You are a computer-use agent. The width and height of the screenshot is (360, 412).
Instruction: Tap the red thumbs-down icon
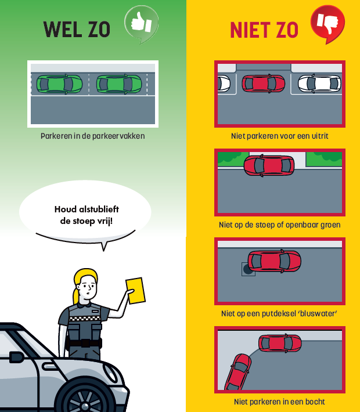coord(327,23)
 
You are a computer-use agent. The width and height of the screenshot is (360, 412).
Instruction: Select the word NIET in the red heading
coord(250,30)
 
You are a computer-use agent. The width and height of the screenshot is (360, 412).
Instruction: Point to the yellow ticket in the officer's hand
coord(136,291)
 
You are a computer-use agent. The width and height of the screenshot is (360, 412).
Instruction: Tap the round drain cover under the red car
coord(247,269)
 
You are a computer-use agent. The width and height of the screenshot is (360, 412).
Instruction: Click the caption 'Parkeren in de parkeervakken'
coord(92,136)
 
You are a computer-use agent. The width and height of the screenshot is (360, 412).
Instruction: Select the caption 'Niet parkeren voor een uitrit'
coord(279,136)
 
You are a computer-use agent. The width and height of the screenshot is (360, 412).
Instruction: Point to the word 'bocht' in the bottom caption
coord(315,402)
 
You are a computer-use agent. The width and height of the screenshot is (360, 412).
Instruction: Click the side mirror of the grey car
coord(16,357)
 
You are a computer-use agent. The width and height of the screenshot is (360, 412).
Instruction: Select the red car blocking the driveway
coord(263,84)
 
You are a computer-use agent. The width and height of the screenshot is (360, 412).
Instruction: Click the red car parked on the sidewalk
coord(269,165)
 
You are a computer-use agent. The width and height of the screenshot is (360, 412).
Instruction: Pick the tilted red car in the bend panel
coord(237,372)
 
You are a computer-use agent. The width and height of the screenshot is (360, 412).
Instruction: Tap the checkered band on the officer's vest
coord(85,319)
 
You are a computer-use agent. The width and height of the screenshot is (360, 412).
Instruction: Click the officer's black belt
coord(84,343)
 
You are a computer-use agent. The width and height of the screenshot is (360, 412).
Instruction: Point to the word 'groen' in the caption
coord(330,225)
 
